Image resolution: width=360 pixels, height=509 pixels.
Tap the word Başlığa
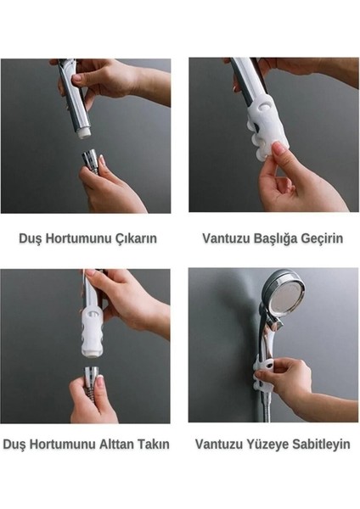(x=280, y=238)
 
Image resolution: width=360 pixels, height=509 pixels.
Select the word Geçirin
(x=324, y=238)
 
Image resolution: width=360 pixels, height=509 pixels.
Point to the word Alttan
(x=120, y=444)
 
